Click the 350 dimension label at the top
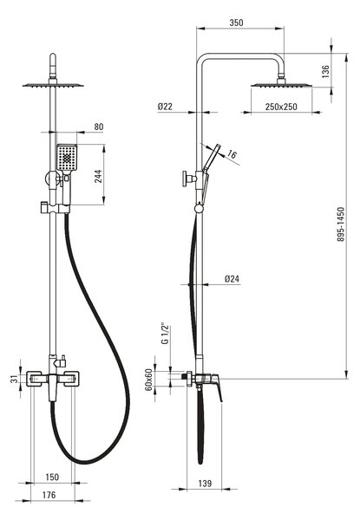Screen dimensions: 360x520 (236, 23)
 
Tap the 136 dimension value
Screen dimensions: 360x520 (325, 72)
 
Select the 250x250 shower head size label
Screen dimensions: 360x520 (281, 107)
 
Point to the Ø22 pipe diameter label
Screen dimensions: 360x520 (165, 107)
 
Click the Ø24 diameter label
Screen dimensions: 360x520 (232, 279)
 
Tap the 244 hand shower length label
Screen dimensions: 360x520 (98, 177)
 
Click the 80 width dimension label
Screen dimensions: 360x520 (99, 127)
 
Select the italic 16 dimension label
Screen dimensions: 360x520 (232, 154)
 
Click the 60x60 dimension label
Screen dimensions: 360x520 (148, 380)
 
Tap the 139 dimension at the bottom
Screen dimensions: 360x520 (205, 484)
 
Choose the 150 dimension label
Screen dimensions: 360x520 (52, 478)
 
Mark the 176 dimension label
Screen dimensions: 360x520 (49, 495)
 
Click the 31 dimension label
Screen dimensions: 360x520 (14, 379)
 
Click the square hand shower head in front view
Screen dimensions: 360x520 (67, 158)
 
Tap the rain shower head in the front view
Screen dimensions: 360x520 (53, 85)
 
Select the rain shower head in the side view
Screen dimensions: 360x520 (281, 85)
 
